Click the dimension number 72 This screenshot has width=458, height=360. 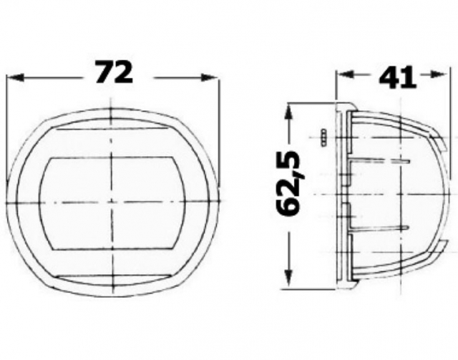(x=114, y=72)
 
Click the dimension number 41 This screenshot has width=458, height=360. (x=397, y=78)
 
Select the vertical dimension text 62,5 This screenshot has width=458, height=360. (x=289, y=184)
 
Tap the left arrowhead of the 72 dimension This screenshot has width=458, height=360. (x=15, y=78)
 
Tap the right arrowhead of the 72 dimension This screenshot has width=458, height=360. (x=209, y=77)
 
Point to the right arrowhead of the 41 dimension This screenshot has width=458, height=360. (x=438, y=74)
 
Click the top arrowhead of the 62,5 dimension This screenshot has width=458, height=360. (x=288, y=112)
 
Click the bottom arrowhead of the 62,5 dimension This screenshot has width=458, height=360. (x=288, y=278)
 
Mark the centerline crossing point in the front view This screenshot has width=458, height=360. (x=111, y=203)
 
